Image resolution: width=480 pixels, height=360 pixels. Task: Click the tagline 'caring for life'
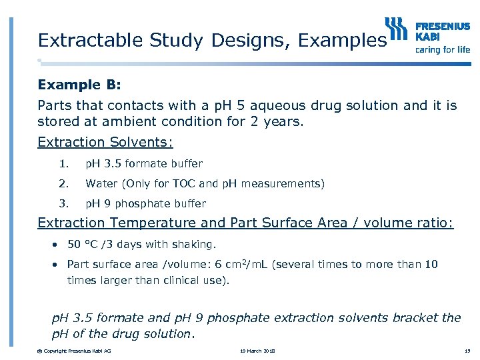(442, 49)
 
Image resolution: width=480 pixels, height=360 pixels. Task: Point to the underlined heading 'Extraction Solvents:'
(105, 142)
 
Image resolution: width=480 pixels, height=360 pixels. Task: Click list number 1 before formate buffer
(63, 163)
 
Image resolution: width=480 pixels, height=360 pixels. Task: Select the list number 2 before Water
(63, 183)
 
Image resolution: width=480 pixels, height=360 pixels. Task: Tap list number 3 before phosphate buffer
(63, 203)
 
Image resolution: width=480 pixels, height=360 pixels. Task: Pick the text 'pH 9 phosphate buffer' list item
(146, 203)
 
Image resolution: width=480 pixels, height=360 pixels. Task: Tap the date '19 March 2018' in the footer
(257, 351)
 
